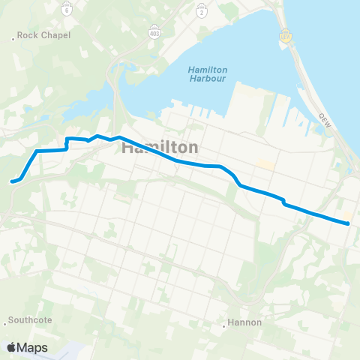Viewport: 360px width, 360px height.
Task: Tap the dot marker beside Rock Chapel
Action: click(x=16, y=36)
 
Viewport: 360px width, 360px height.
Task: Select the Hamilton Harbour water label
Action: click(x=208, y=77)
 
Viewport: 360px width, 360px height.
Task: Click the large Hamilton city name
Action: click(x=160, y=148)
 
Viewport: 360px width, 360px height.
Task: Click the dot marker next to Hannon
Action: click(x=226, y=323)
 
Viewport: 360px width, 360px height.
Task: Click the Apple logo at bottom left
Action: click(x=11, y=347)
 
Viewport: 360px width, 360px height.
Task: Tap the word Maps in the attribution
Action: click(x=33, y=347)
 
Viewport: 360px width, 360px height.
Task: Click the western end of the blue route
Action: click(x=11, y=181)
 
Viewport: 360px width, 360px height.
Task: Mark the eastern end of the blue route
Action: click(x=349, y=223)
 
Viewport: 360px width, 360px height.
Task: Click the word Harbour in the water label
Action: click(x=208, y=82)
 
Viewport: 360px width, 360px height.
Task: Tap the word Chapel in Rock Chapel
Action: click(x=55, y=35)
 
